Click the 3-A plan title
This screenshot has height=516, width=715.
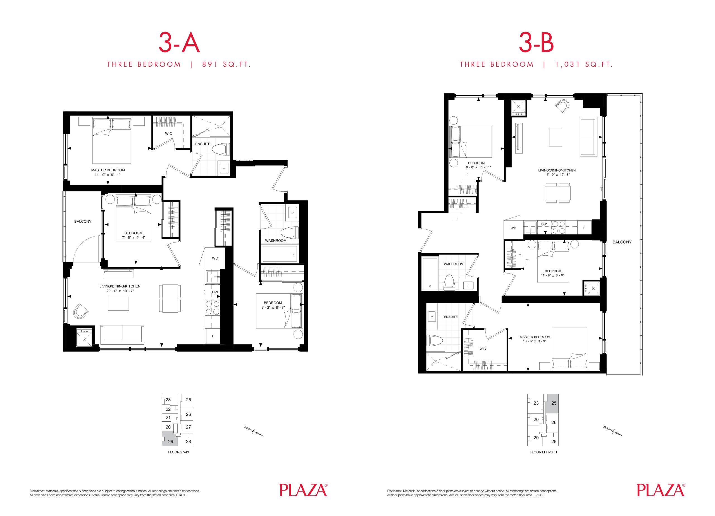pos(179,44)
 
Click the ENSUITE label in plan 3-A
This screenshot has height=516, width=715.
pos(203,144)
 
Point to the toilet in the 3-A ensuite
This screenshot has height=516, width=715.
pos(221,149)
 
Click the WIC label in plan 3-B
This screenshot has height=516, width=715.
pos(483,349)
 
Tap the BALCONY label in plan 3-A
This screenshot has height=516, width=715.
pos(83,222)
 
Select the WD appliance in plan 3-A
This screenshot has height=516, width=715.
pos(215,258)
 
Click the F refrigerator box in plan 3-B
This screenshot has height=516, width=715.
pos(584,228)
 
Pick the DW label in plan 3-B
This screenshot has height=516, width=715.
pos(544,224)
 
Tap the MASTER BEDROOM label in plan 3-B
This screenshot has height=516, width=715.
pos(535,337)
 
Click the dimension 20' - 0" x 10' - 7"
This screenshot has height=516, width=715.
pos(120,291)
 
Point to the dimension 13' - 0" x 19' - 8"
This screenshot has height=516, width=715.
pos(557,175)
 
